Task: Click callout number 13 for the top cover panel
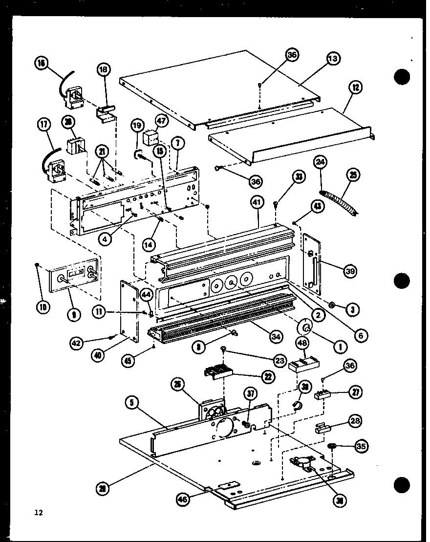333,59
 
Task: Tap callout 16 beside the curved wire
41,64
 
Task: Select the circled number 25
354,174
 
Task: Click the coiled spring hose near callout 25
342,200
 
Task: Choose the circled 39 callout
349,272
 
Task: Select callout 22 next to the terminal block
267,376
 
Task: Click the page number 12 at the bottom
39,512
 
